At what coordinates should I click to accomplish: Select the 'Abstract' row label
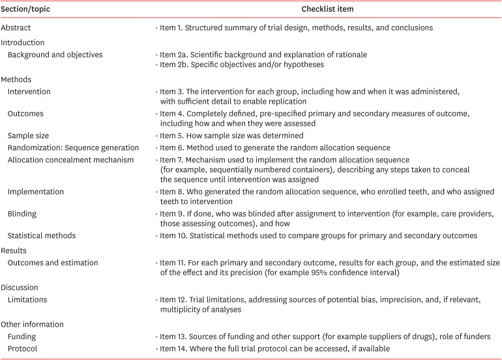pyautogui.click(x=16, y=28)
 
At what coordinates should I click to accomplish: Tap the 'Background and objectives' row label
pyautogui.click(x=55, y=55)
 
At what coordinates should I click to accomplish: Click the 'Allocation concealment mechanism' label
pyautogui.click(x=71, y=160)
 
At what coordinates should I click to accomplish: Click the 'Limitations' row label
pyautogui.click(x=29, y=299)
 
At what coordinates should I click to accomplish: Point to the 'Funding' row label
pyautogui.click(x=22, y=336)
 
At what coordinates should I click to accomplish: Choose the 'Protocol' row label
pyautogui.click(x=23, y=348)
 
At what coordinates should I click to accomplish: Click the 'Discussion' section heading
pyautogui.click(x=20, y=288)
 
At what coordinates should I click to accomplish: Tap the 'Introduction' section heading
pyautogui.click(x=23, y=42)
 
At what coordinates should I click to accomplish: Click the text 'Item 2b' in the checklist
pyautogui.click(x=175, y=65)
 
